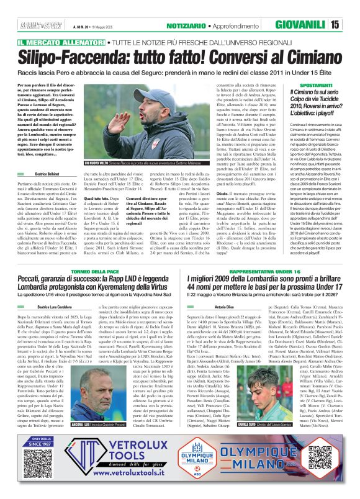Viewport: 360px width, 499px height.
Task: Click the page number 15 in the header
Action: [351, 24]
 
